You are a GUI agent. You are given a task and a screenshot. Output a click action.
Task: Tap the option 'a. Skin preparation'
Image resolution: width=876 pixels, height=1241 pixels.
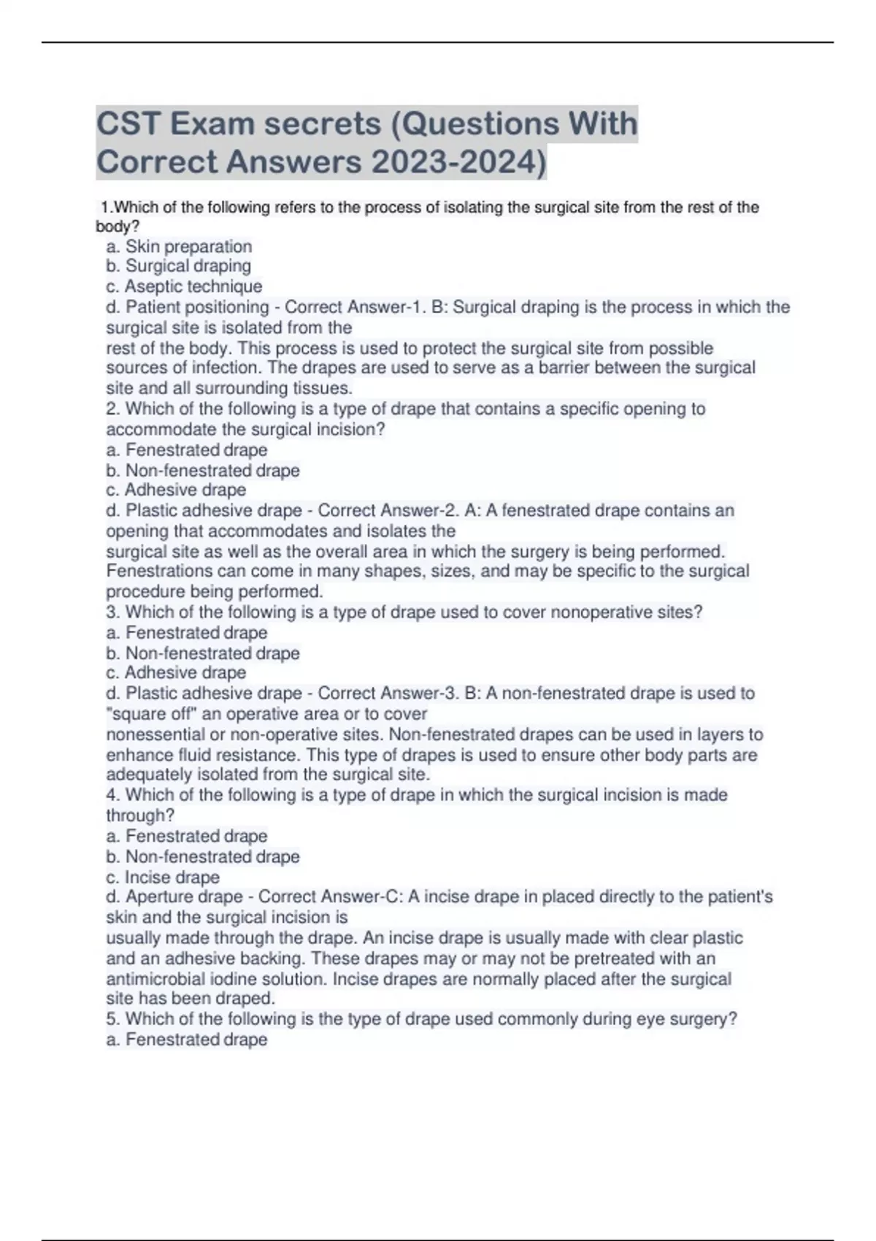(x=179, y=247)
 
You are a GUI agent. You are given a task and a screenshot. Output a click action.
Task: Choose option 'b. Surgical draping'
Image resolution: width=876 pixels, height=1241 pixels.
(x=178, y=266)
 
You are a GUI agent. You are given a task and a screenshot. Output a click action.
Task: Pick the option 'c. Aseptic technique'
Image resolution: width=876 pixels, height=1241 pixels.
(x=184, y=287)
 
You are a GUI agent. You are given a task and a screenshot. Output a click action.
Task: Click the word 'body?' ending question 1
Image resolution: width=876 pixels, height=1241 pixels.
(x=117, y=227)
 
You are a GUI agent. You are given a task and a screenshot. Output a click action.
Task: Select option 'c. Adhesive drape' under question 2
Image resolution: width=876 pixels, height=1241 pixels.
(x=176, y=490)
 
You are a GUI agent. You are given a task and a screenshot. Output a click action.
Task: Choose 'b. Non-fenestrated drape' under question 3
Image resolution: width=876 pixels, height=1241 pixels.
(x=203, y=653)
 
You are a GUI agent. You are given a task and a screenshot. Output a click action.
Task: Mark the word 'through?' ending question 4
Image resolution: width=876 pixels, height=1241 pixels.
(x=140, y=815)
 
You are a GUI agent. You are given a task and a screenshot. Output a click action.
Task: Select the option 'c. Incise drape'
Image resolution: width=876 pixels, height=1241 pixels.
(x=163, y=877)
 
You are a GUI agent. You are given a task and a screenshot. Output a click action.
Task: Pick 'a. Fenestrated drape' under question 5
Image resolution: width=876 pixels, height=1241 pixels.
(x=187, y=1040)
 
